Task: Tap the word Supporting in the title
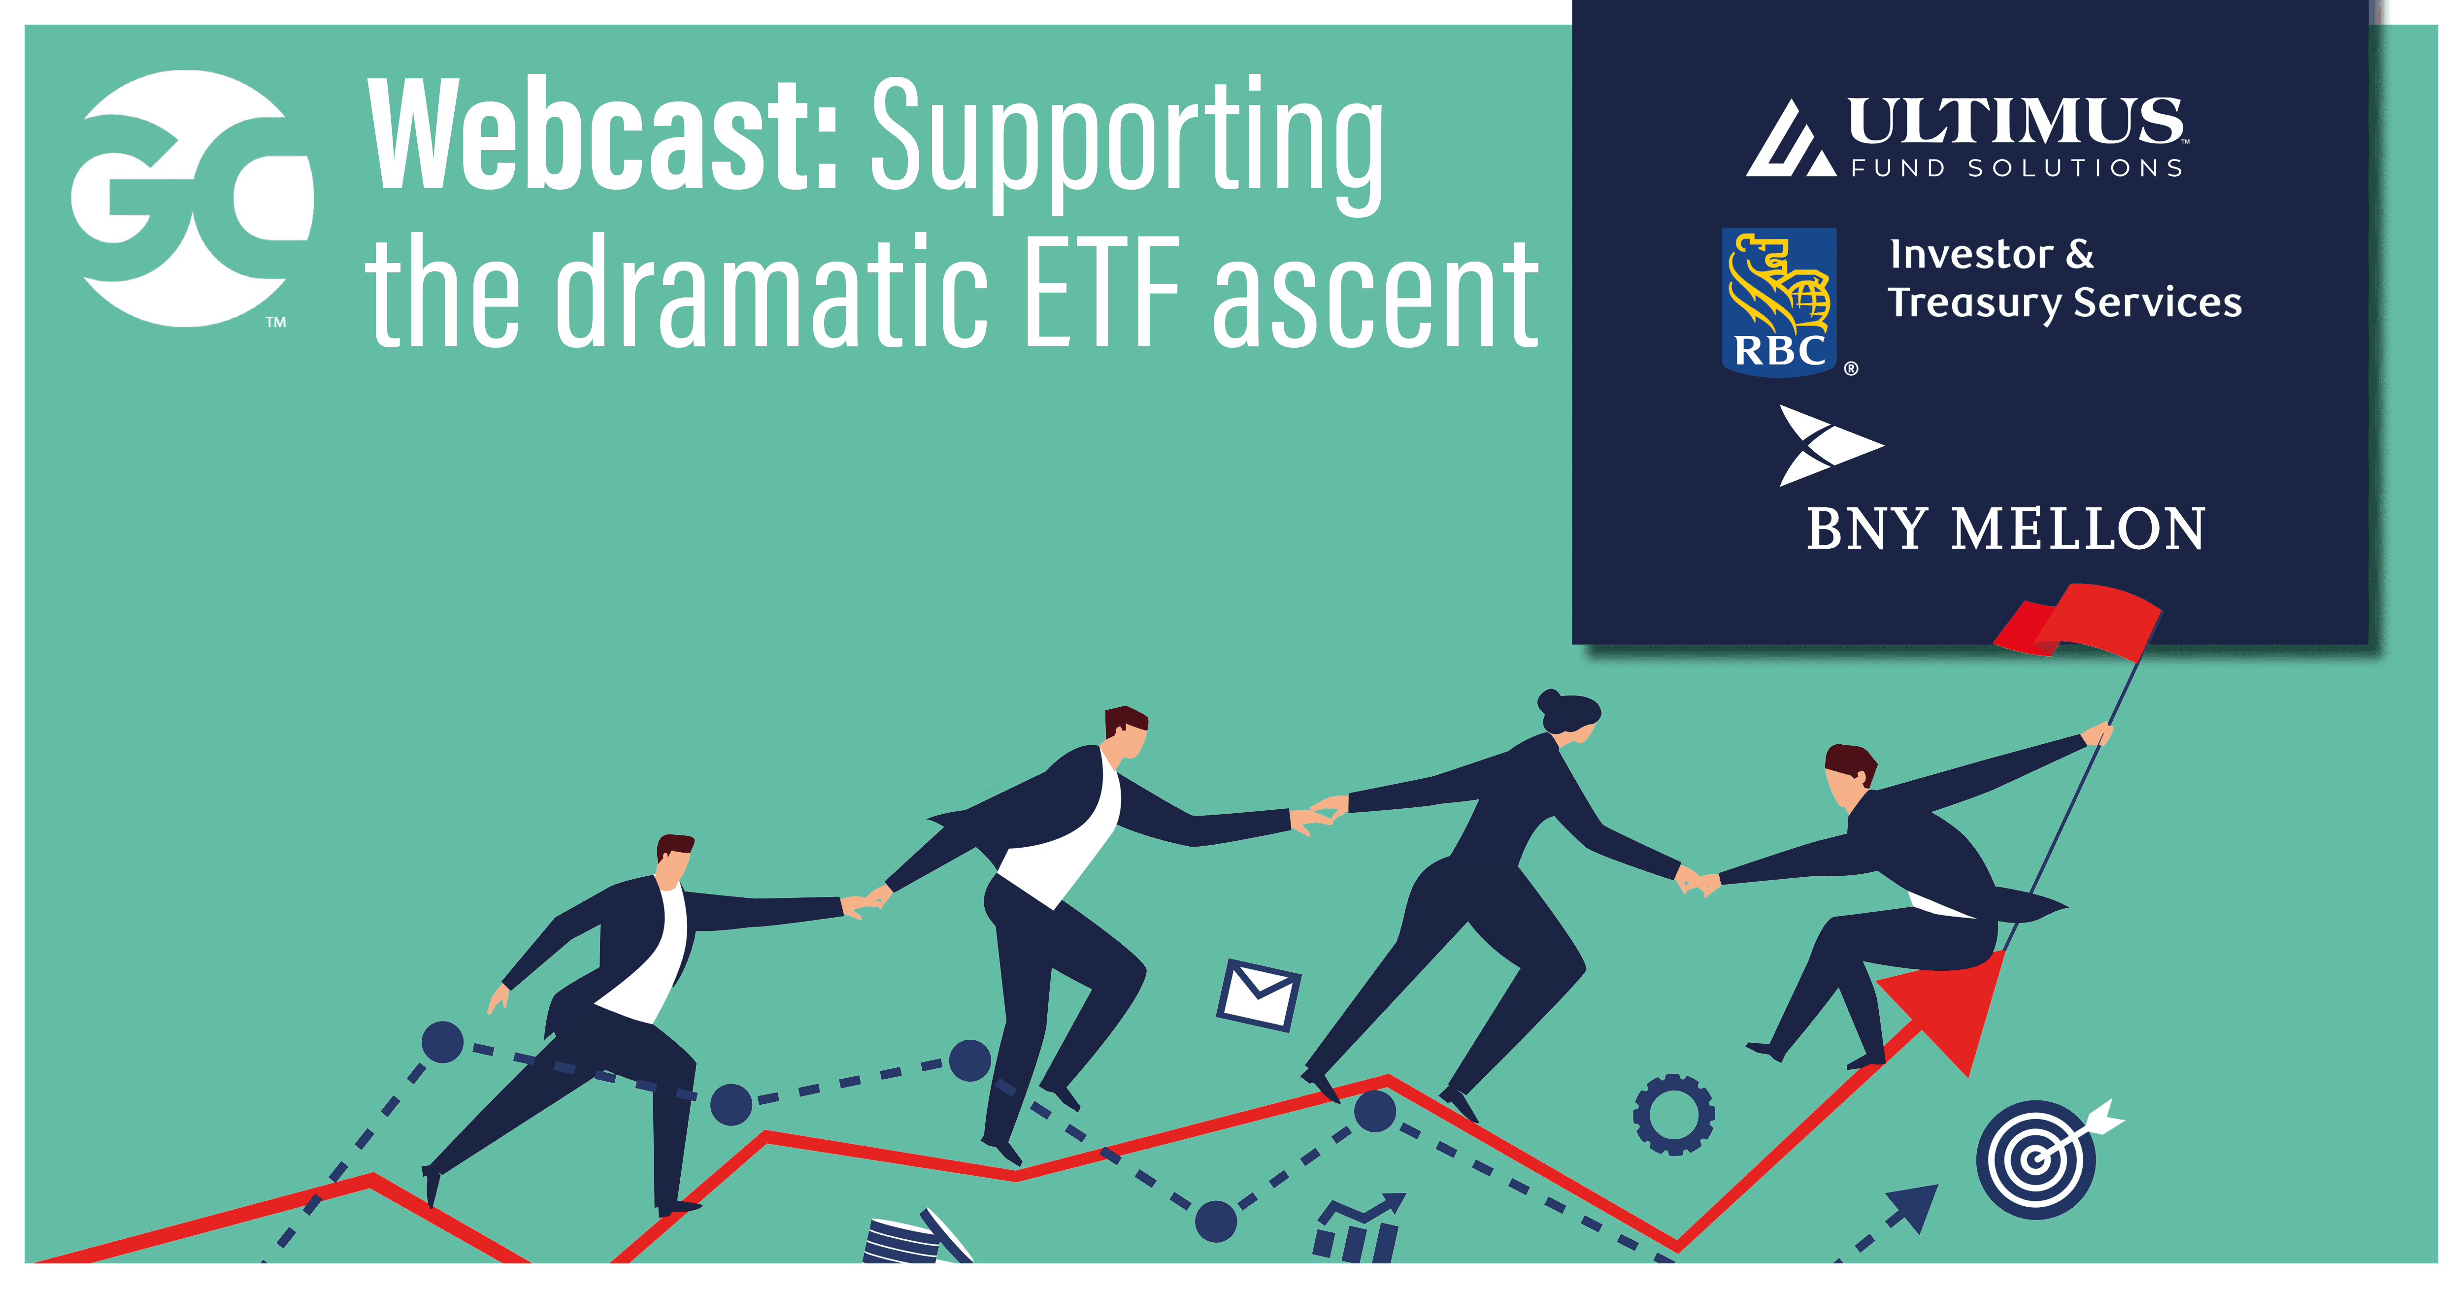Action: [1126, 143]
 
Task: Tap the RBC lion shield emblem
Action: [1778, 301]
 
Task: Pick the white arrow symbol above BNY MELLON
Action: [1830, 445]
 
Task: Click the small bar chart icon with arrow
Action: [1358, 1229]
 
